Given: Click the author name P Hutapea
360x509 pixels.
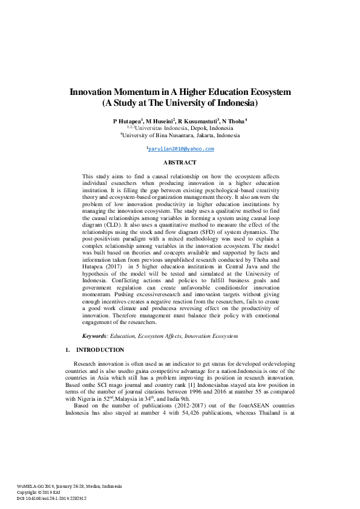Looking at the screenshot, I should tap(126, 121).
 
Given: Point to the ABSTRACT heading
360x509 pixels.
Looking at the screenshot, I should tap(180, 163).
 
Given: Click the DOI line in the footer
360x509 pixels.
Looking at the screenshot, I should tap(53, 498).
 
